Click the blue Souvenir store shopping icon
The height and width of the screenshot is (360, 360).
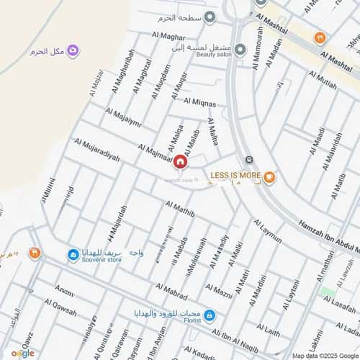click(73, 254)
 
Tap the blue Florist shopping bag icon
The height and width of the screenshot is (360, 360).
click(209, 315)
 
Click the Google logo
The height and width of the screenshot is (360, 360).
click(22, 353)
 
